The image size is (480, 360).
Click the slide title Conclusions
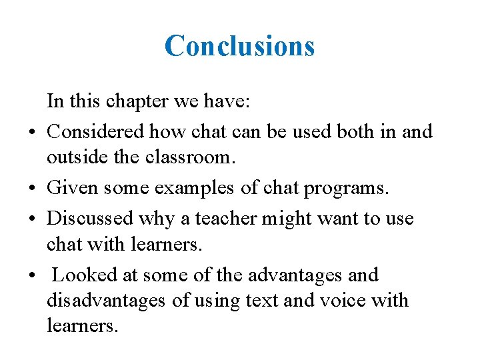pyautogui.click(x=239, y=46)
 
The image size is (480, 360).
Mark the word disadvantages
pyautogui.click(x=106, y=301)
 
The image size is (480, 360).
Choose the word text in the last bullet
pyautogui.click(x=262, y=301)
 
